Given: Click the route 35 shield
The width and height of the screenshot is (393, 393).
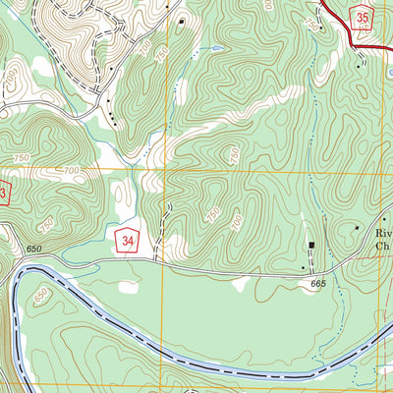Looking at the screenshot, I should click(x=365, y=19).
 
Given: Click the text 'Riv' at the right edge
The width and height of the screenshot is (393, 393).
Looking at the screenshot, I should click(x=383, y=233).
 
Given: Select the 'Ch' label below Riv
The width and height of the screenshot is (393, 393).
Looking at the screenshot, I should click(x=383, y=248).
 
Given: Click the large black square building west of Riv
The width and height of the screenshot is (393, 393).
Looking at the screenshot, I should click(x=312, y=245).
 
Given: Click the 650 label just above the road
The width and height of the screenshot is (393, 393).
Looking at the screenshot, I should click(x=36, y=252).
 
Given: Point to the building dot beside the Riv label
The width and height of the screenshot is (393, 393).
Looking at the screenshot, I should click(x=357, y=227).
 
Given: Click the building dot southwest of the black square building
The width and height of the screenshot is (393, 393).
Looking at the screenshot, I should click(x=303, y=266).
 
